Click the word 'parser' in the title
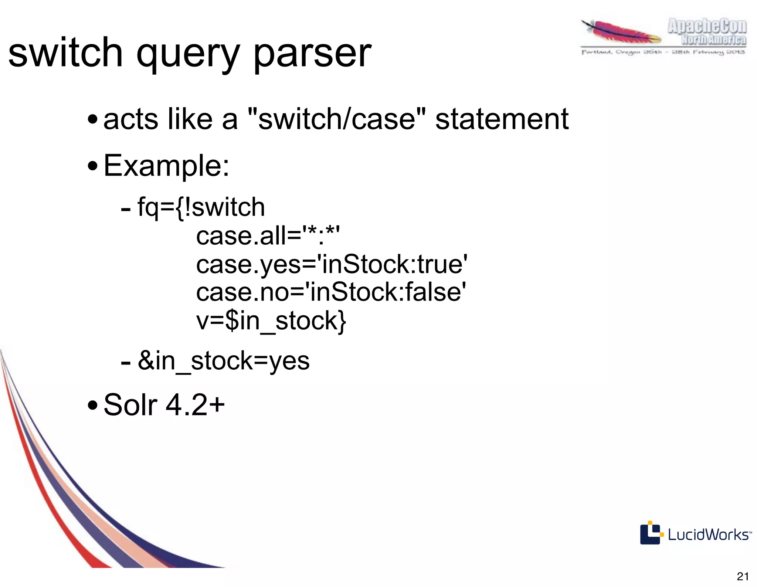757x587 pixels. (312, 54)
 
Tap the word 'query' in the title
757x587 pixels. (188, 54)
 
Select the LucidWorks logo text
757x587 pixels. (709, 535)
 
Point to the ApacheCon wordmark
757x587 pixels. (707, 27)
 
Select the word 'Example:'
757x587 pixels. (166, 166)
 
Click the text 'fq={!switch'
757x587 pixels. (201, 207)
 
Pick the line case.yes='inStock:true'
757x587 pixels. (332, 264)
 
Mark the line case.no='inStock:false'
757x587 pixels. (331, 292)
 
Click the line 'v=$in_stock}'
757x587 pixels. (271, 320)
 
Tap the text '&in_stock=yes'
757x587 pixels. (224, 361)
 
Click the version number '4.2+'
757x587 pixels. (195, 405)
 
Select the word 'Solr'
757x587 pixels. (130, 405)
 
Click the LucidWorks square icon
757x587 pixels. (650, 533)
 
